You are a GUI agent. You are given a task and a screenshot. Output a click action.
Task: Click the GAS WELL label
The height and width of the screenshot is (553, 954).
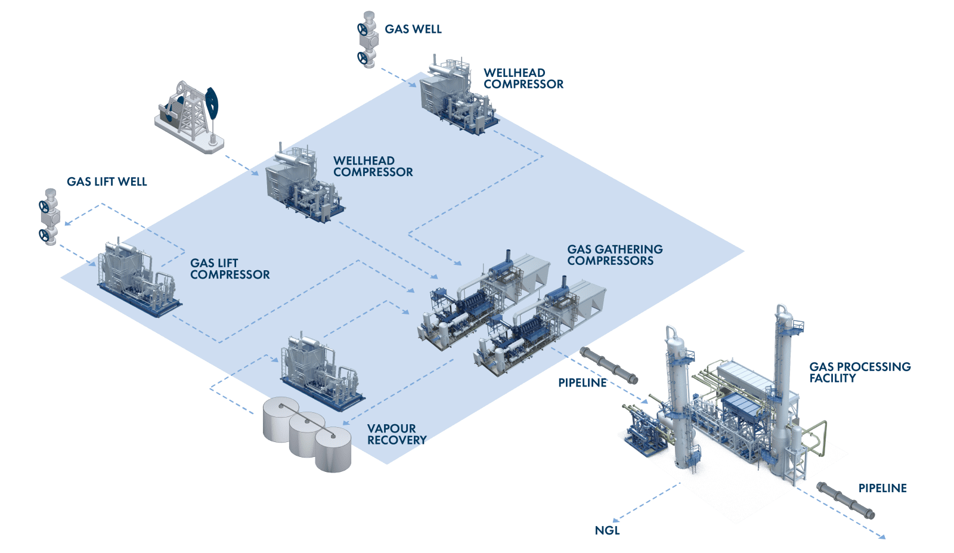tap(413, 29)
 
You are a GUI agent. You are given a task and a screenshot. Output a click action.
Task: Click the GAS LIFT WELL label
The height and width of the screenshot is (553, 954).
tap(107, 182)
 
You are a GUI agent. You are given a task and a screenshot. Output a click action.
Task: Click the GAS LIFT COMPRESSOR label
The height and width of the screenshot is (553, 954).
tap(230, 269)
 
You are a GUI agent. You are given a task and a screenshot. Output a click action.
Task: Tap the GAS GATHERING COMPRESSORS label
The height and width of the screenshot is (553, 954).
tap(614, 255)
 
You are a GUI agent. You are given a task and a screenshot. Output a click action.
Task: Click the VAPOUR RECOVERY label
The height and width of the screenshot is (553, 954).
tap(397, 434)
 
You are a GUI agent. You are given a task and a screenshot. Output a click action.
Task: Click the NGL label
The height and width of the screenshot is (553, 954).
tap(607, 530)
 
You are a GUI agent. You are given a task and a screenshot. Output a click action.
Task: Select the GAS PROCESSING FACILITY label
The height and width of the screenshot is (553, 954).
tap(859, 372)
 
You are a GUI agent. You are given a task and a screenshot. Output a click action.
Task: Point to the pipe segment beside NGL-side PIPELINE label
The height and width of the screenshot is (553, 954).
tap(609, 364)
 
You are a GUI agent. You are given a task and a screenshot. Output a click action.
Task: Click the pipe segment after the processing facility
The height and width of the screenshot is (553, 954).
tap(845, 500)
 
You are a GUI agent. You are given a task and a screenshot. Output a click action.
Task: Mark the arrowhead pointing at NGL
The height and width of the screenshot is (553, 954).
tap(617, 520)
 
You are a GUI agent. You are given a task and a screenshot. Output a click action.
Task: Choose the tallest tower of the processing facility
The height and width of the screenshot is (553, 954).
tap(782, 382)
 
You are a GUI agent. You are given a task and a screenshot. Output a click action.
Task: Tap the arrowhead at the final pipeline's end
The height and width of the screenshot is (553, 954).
tap(883, 537)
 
